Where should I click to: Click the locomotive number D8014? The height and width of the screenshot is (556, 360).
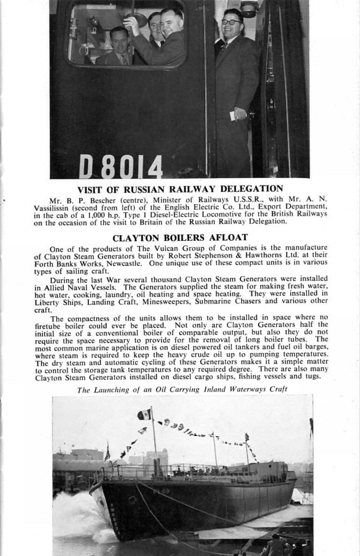click(x=121, y=166)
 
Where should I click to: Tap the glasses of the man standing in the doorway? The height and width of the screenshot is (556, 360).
click(x=231, y=22)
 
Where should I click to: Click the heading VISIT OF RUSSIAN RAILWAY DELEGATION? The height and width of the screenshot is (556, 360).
click(x=180, y=189)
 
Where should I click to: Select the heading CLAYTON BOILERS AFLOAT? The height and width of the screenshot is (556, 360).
click(x=180, y=238)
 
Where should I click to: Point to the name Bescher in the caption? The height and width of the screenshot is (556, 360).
click(x=95, y=200)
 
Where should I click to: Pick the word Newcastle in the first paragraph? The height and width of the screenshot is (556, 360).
click(x=124, y=263)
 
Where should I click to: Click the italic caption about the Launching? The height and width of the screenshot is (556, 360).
click(x=182, y=389)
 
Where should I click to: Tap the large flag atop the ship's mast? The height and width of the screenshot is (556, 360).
click(x=145, y=414)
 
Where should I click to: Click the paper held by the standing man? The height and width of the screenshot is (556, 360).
click(x=233, y=116)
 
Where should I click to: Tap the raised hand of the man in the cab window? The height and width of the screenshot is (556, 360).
click(x=130, y=22)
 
